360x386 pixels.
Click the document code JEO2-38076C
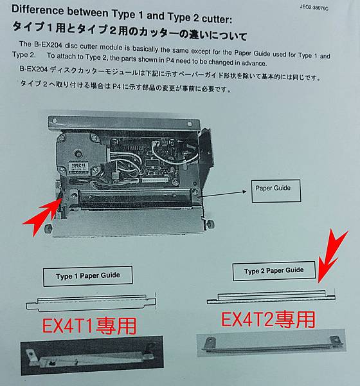click(314, 8)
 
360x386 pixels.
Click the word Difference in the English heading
click(37, 10)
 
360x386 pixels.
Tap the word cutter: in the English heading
click(217, 19)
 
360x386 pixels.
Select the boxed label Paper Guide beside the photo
click(276, 191)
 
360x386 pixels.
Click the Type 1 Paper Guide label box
click(88, 276)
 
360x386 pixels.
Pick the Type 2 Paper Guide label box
click(274, 271)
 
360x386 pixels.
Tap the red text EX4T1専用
click(89, 326)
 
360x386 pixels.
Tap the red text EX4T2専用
click(268, 319)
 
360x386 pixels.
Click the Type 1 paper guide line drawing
click(91, 302)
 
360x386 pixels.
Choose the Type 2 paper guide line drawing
click(271, 297)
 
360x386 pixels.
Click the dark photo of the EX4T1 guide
click(92, 355)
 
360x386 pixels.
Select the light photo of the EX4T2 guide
click(271, 343)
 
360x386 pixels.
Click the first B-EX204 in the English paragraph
click(48, 45)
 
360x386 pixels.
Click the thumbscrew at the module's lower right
click(211, 224)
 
